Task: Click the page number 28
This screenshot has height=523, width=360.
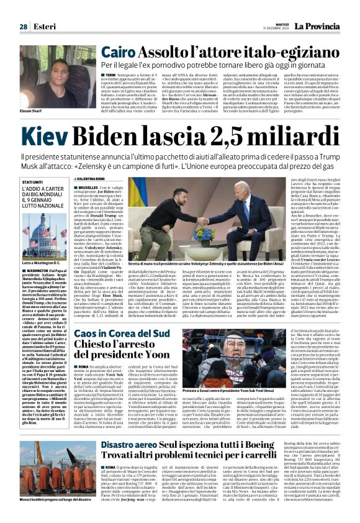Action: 23,26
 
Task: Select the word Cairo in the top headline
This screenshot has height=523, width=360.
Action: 122,52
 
